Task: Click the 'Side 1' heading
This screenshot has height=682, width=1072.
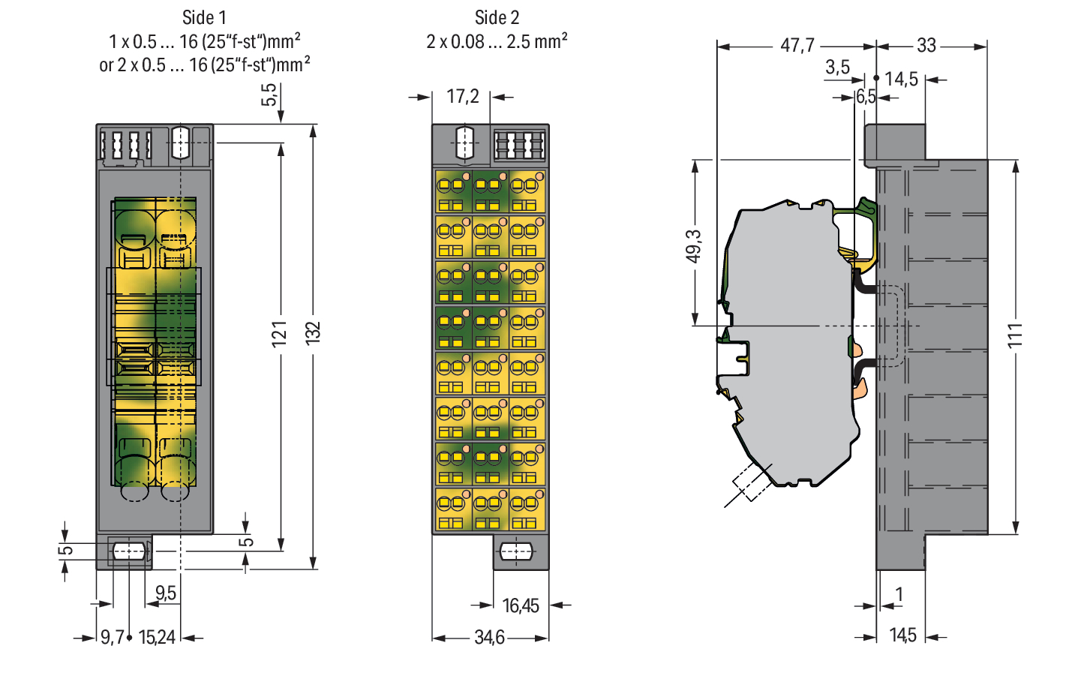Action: tap(204, 18)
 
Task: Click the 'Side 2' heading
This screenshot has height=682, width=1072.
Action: tap(497, 18)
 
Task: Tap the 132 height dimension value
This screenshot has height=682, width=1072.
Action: tap(313, 333)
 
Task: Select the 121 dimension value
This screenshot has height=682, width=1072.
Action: tap(280, 334)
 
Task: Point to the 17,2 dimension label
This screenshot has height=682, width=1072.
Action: tap(463, 97)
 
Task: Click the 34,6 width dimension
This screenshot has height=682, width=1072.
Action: tap(490, 638)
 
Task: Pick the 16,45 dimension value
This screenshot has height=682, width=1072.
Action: tap(521, 606)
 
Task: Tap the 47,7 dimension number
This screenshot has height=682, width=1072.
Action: tap(797, 46)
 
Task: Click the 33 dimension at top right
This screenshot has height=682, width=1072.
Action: tap(926, 46)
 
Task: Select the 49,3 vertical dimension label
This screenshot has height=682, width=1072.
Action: tap(694, 247)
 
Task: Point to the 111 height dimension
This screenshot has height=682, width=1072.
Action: tap(1015, 335)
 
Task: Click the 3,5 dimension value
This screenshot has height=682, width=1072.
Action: tap(837, 68)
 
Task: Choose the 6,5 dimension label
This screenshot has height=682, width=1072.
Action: tap(866, 97)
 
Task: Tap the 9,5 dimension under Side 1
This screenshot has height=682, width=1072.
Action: tap(166, 593)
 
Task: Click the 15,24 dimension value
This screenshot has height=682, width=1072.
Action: tap(157, 638)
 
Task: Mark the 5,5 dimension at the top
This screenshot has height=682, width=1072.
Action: tap(269, 95)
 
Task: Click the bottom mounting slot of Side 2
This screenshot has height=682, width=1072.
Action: tap(515, 551)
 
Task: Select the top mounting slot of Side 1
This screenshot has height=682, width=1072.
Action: tap(180, 143)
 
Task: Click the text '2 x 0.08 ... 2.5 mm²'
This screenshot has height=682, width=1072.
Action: tap(497, 41)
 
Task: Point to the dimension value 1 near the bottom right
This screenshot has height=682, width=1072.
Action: tap(899, 594)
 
